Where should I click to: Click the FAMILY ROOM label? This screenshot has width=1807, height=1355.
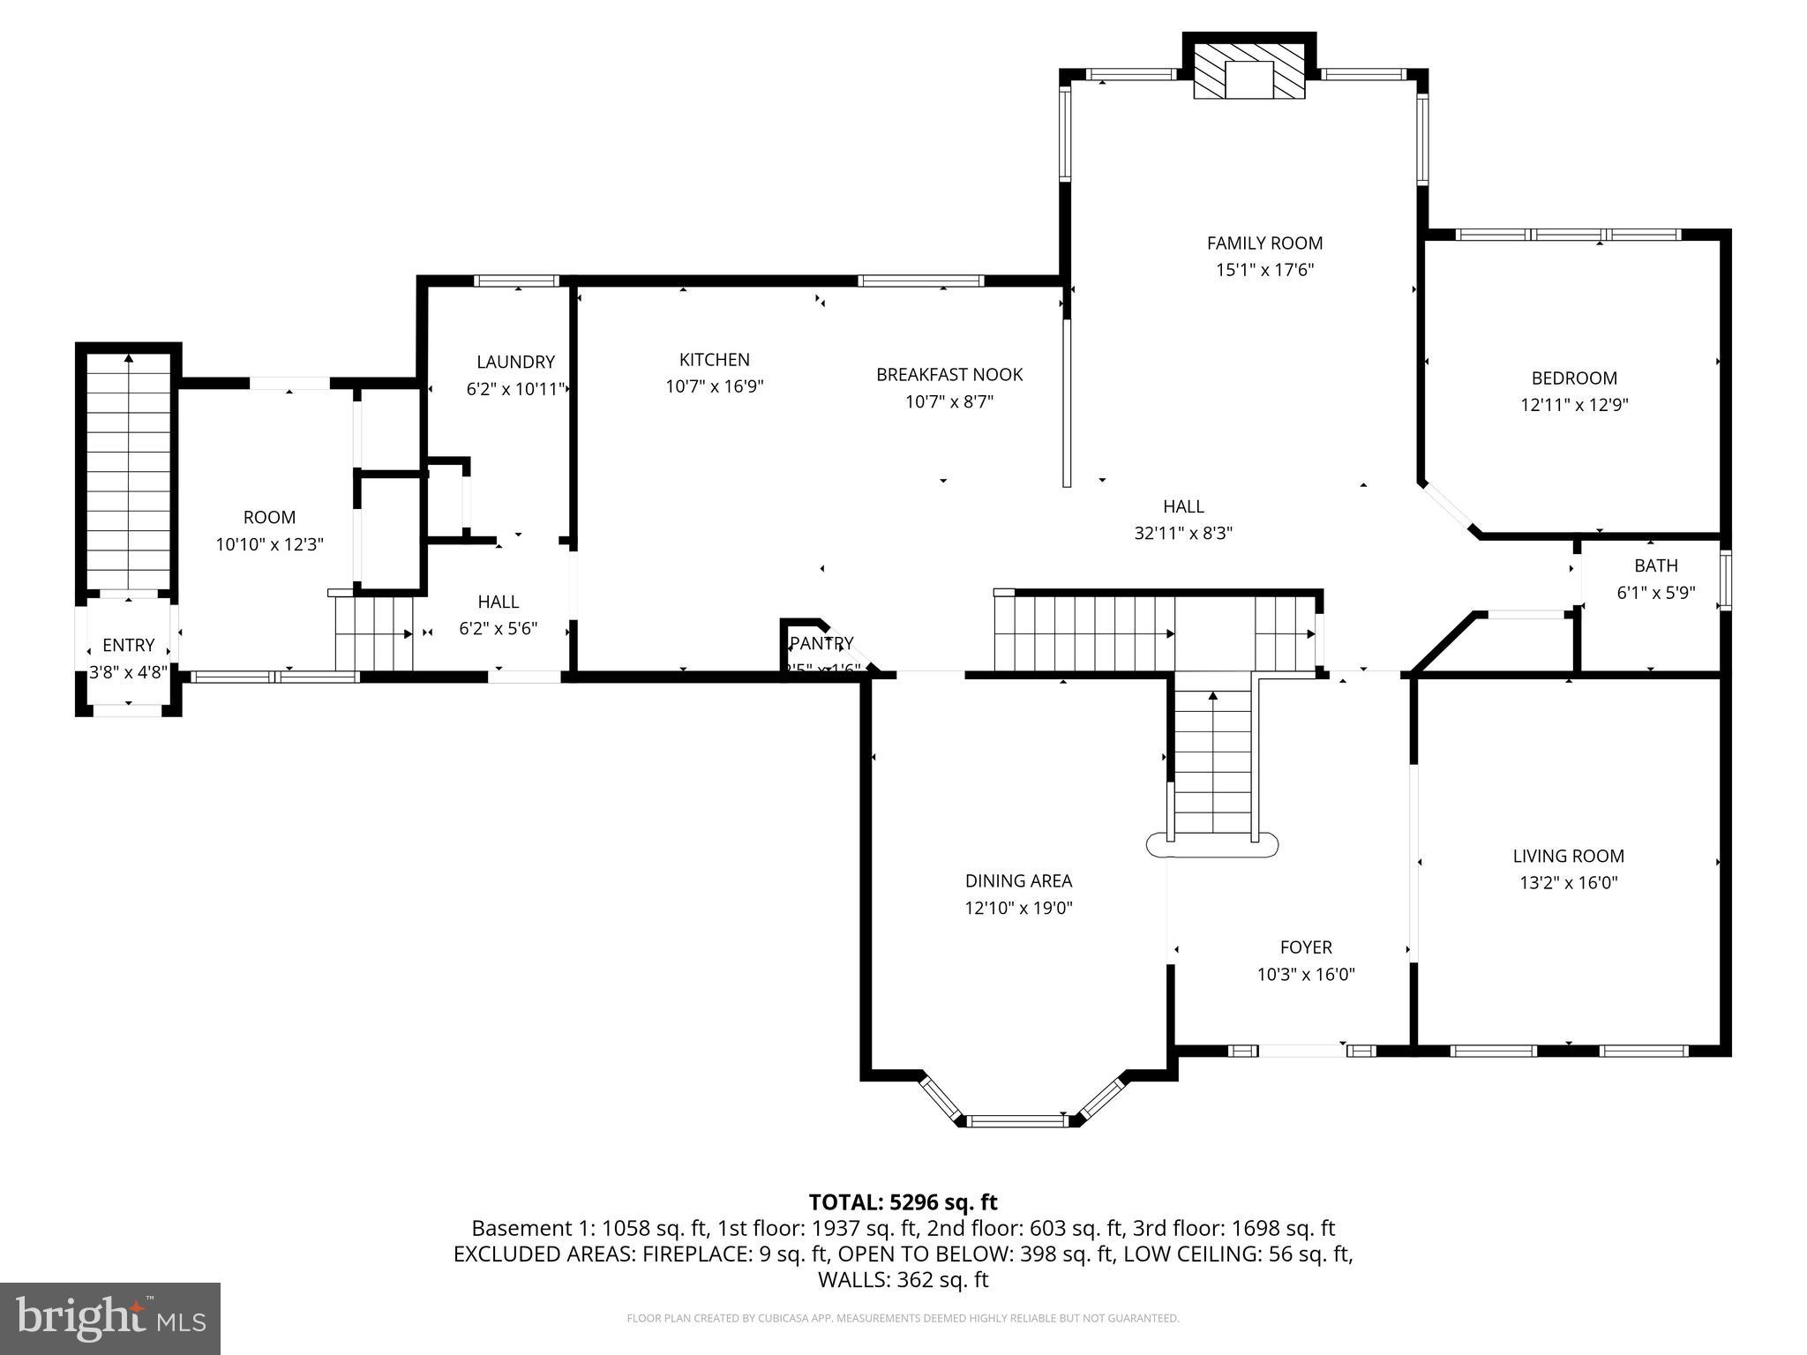[1264, 243]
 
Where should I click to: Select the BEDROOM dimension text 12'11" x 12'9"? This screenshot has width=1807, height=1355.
[1574, 405]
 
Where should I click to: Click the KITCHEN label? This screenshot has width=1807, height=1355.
[714, 359]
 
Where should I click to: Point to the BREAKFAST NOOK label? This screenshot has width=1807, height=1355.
[949, 374]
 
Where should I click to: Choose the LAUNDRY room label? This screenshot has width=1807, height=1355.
[515, 362]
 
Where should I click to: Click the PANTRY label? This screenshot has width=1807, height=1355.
[821, 643]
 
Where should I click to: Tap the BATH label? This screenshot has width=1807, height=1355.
[1655, 565]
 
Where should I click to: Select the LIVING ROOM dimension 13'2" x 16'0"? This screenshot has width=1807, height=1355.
[1568, 882]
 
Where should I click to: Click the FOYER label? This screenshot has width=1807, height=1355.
[1306, 947]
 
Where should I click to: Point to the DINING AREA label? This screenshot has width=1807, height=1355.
[1018, 880]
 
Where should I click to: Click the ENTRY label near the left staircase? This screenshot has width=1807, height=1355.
[128, 645]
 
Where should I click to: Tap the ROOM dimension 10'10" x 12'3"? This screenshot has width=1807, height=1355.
[270, 544]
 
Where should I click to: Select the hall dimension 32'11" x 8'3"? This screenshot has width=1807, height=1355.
[1182, 533]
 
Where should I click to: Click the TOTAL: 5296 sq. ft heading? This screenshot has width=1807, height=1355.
[903, 1202]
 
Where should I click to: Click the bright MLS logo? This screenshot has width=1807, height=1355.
[110, 1318]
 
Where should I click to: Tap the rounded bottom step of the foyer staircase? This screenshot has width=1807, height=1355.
[1211, 845]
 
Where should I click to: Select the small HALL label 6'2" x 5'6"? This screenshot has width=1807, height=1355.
[498, 602]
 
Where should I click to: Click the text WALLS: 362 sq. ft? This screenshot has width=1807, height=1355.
[903, 1279]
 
